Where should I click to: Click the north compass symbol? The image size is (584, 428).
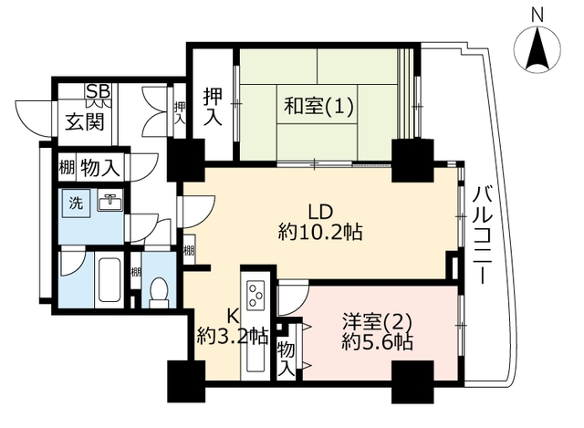tap(537, 48)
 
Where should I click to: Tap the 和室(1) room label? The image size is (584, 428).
tap(318, 106)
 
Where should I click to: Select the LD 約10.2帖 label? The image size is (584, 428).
tap(320, 223)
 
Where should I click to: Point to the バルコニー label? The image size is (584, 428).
tap(483, 235)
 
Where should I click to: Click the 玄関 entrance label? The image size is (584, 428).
tap(85, 121)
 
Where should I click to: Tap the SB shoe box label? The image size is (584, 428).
tap(99, 90)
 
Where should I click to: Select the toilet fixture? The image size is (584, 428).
tap(159, 292)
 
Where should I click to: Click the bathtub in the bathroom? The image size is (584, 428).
tap(109, 280)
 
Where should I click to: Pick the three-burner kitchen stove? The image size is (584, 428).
tap(255, 293)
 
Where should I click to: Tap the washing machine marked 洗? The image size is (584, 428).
tap(76, 203)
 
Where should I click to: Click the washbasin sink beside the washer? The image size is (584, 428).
tap(109, 202)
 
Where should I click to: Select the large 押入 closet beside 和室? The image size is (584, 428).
tap(213, 107)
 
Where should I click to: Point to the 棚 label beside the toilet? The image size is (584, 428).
tap(136, 272)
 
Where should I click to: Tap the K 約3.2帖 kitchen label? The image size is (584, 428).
tap(233, 327)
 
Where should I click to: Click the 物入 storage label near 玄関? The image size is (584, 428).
tap(99, 168)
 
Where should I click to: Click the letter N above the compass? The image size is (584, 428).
tap(537, 16)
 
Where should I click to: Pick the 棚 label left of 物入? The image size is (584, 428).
tap(67, 167)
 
